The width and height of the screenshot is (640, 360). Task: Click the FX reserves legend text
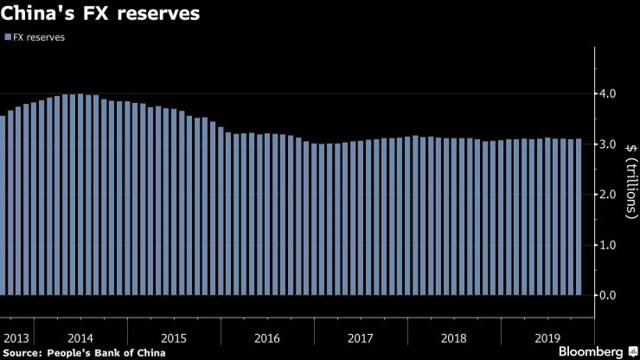coord(40,38)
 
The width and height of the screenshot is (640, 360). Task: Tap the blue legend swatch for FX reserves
coord(8,38)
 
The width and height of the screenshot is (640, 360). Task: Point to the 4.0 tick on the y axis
coord(609,93)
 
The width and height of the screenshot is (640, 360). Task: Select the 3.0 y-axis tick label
coord(609,144)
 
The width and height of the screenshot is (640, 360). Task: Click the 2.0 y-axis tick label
coord(609,195)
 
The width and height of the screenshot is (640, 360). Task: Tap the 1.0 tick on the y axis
coord(609,245)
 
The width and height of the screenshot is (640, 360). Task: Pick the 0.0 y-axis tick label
coord(609,296)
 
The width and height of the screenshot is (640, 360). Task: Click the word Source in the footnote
coord(22,352)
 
